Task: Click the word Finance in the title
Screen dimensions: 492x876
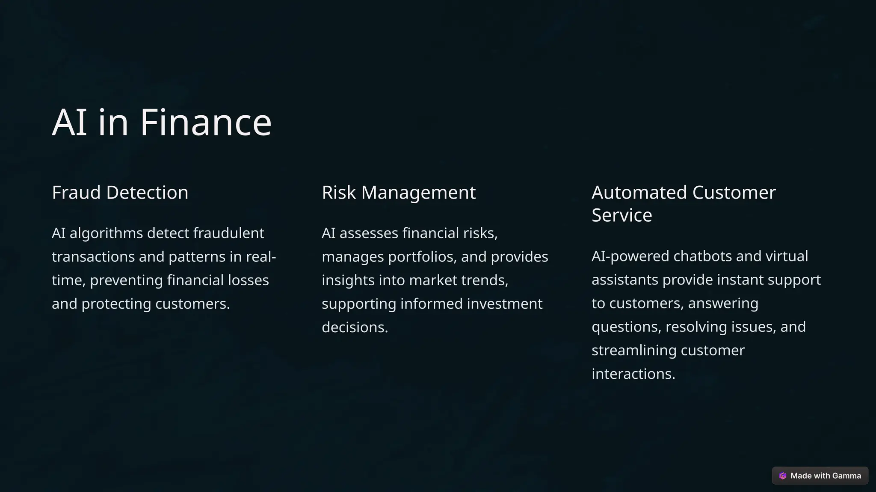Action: [x=206, y=123]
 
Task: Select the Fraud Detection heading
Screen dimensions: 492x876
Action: [x=120, y=193]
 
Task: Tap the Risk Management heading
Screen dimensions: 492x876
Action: [x=398, y=193]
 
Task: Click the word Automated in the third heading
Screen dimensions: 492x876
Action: [x=639, y=193]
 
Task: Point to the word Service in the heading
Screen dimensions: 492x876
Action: [x=621, y=215]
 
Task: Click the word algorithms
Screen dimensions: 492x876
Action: [x=106, y=233]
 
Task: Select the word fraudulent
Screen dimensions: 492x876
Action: [x=228, y=233]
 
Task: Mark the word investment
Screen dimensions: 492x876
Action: [x=504, y=304]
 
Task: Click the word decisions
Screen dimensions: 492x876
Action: [x=355, y=327]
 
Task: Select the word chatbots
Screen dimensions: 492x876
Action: [x=702, y=256]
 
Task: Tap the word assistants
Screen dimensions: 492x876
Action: [x=624, y=280]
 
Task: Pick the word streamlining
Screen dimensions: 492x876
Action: [x=633, y=350]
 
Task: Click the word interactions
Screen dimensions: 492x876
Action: [x=633, y=374]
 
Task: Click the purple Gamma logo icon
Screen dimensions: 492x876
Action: [x=783, y=476]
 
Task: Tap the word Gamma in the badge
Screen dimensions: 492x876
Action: [x=846, y=476]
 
